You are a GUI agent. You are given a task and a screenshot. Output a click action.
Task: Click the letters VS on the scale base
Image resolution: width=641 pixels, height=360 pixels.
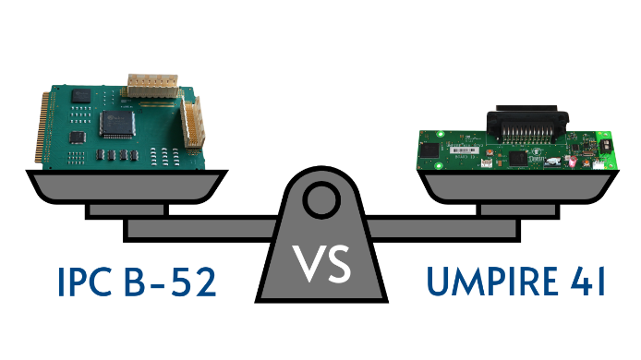(x=321, y=265)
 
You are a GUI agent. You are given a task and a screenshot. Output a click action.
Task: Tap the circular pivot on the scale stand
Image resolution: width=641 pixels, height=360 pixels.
(x=321, y=197)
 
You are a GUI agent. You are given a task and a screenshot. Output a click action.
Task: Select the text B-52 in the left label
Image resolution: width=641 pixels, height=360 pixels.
(x=173, y=281)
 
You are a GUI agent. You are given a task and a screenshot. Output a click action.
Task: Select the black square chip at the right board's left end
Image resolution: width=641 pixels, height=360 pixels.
(x=431, y=148)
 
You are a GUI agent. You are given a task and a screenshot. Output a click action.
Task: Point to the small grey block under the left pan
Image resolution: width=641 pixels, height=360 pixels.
(x=126, y=210)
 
